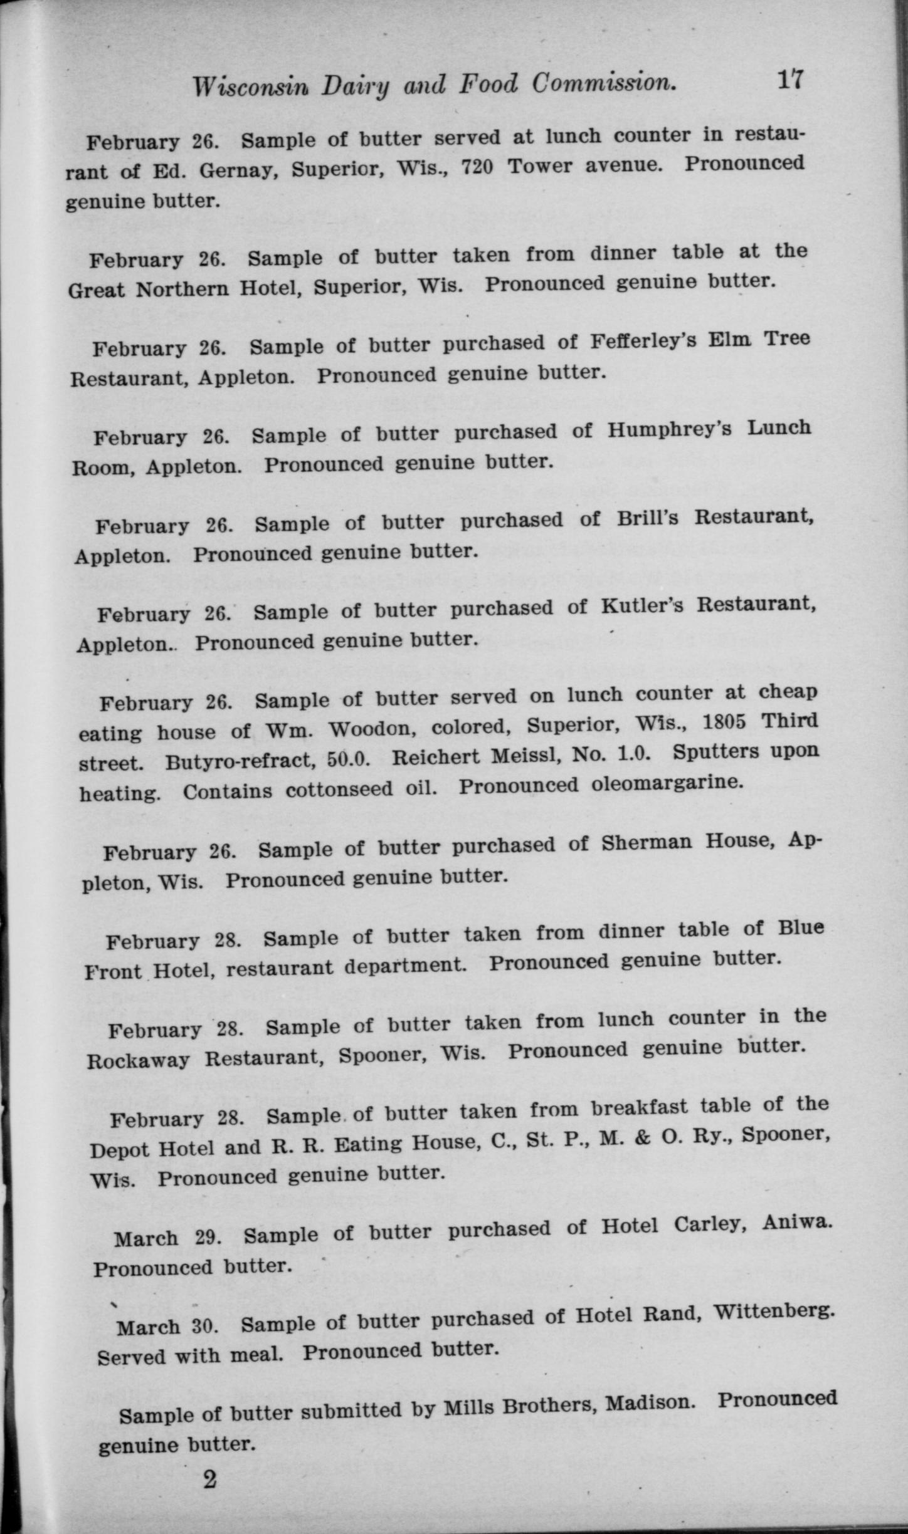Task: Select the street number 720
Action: [x=478, y=167]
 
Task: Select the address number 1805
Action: [x=726, y=723]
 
